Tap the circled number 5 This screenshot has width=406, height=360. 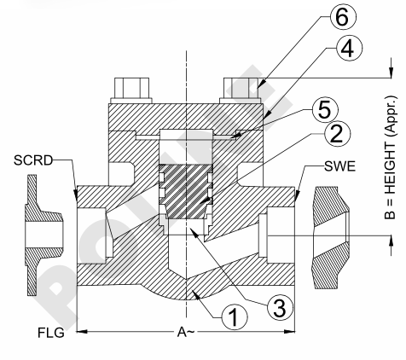coord(325,110)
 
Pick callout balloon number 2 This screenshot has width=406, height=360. coord(338,134)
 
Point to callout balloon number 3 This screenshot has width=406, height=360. coord(280,307)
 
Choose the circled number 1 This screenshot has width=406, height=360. coord(235,316)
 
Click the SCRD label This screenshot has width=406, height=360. coord(33,160)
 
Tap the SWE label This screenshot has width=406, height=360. coord(340,166)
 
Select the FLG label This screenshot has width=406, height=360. coord(51,333)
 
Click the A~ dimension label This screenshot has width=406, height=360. coord(186,332)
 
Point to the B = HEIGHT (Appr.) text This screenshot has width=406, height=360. coord(391,157)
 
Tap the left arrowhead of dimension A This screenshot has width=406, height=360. coord(82,331)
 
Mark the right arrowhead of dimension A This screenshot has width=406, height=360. coord(290,331)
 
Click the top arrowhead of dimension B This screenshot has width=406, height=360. coord(391,73)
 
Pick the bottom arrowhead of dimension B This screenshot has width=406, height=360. coord(391,241)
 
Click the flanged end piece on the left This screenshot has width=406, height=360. coord(43,235)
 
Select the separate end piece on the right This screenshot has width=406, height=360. coord(331,238)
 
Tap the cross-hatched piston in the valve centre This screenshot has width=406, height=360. coord(185,192)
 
